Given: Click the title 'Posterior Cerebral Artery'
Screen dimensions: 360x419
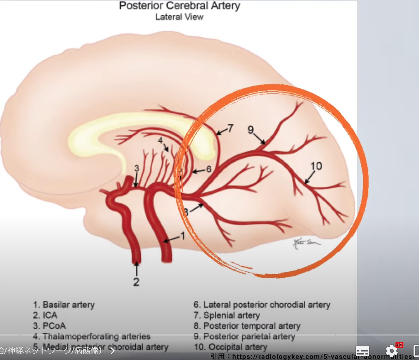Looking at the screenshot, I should tap(180, 6).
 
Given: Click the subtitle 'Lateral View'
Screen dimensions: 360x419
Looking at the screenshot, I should tap(179, 17).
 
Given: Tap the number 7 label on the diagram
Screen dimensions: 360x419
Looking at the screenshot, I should tap(230, 128).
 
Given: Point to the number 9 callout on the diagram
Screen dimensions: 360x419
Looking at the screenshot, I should tap(251, 130).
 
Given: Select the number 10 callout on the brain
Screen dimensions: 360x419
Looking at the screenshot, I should tap(316, 166).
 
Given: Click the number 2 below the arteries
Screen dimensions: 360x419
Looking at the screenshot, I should tap(136, 282).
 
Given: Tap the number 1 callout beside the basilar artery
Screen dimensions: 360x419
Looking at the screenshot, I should tap(183, 236).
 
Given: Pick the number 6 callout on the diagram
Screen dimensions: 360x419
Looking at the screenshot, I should tap(209, 169).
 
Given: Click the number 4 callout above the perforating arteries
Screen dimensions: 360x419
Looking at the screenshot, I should tap(160, 141).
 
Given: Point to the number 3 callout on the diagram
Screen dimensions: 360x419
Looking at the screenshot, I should tap(136, 168).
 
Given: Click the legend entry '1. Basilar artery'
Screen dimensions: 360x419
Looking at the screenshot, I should tap(64, 305).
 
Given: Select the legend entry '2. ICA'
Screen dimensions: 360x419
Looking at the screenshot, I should tap(45, 315).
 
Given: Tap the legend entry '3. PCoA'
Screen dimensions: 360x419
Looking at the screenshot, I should tap(49, 326).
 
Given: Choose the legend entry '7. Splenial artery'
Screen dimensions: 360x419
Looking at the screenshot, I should tap(227, 315).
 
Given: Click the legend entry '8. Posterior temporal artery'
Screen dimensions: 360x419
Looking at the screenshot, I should tap(247, 326).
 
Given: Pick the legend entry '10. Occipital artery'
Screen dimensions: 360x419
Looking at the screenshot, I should tap(231, 347).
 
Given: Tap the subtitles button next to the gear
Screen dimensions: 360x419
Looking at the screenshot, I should tap(362, 351).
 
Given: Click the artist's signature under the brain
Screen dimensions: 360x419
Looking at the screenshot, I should tap(306, 244).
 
